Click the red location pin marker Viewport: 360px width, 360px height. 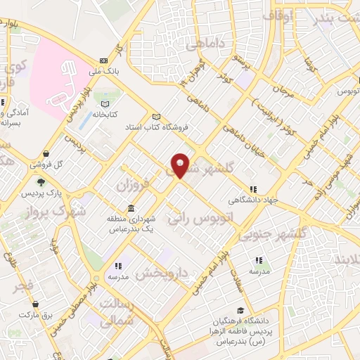click(180, 165)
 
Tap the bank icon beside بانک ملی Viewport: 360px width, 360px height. click(103, 60)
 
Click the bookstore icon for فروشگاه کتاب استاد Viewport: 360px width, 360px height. click(156, 117)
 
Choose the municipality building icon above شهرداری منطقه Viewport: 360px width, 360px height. click(132, 208)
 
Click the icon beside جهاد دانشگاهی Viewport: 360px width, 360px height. click(253, 189)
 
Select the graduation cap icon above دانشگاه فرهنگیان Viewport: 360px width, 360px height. click(240, 311)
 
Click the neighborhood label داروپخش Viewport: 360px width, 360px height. click(163, 271)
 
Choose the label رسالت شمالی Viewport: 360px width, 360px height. click(117, 311)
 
